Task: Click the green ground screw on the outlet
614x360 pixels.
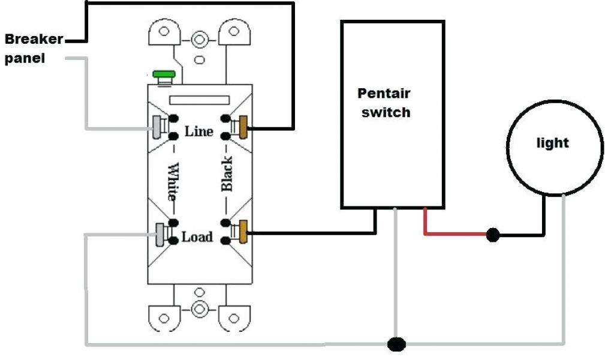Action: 163,76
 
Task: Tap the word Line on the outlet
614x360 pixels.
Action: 198,130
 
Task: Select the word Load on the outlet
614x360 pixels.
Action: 197,237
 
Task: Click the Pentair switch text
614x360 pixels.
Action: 384,103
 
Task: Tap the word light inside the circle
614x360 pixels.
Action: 552,143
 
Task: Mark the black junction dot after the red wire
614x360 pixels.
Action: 492,235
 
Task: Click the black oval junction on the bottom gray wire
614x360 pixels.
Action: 396,344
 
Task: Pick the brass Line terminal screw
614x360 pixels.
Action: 243,125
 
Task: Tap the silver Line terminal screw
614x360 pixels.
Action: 159,125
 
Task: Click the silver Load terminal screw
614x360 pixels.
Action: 160,233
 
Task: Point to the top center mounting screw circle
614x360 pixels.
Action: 200,40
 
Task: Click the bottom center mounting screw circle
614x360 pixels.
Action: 200,309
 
